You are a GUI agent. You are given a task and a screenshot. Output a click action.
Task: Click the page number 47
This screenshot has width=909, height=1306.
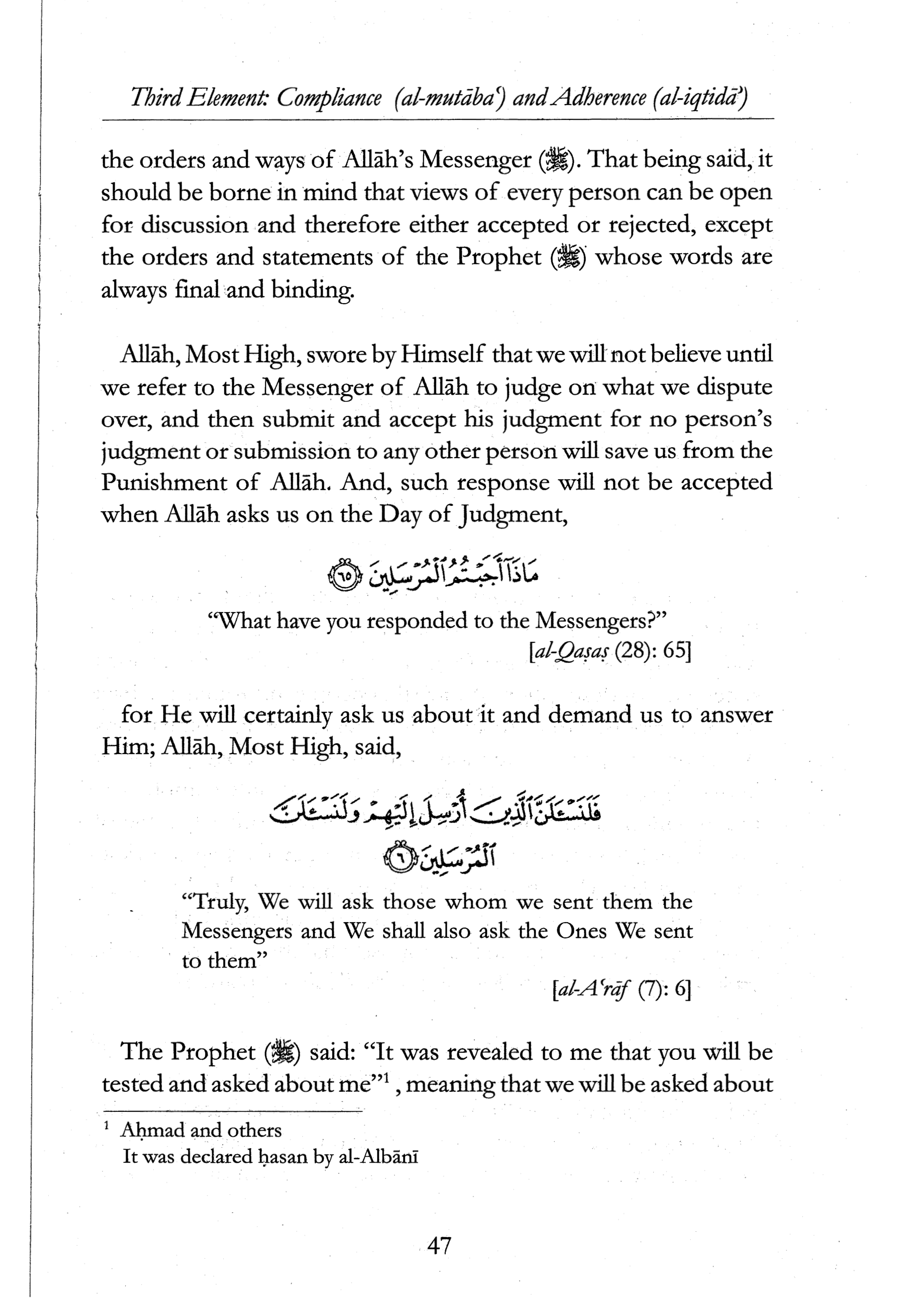point(439,1246)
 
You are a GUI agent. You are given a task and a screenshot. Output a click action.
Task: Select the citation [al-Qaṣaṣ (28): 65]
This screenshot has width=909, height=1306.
point(609,652)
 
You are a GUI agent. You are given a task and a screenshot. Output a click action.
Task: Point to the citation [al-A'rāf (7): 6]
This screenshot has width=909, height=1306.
point(621,991)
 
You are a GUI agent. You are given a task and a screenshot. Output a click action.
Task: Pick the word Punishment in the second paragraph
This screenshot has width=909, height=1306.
point(168,482)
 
